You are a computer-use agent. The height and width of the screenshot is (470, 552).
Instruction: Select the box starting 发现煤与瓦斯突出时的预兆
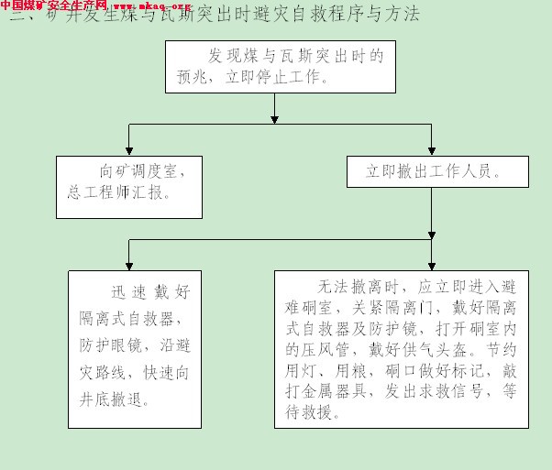tap(275, 67)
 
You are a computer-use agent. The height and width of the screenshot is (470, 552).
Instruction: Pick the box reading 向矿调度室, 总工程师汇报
tap(128, 186)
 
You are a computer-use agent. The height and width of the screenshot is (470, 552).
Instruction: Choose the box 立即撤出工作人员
tap(432, 171)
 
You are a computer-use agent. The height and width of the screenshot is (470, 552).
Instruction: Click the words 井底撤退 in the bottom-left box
tap(115, 399)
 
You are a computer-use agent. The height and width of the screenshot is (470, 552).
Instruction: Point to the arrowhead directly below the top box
tap(275, 117)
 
